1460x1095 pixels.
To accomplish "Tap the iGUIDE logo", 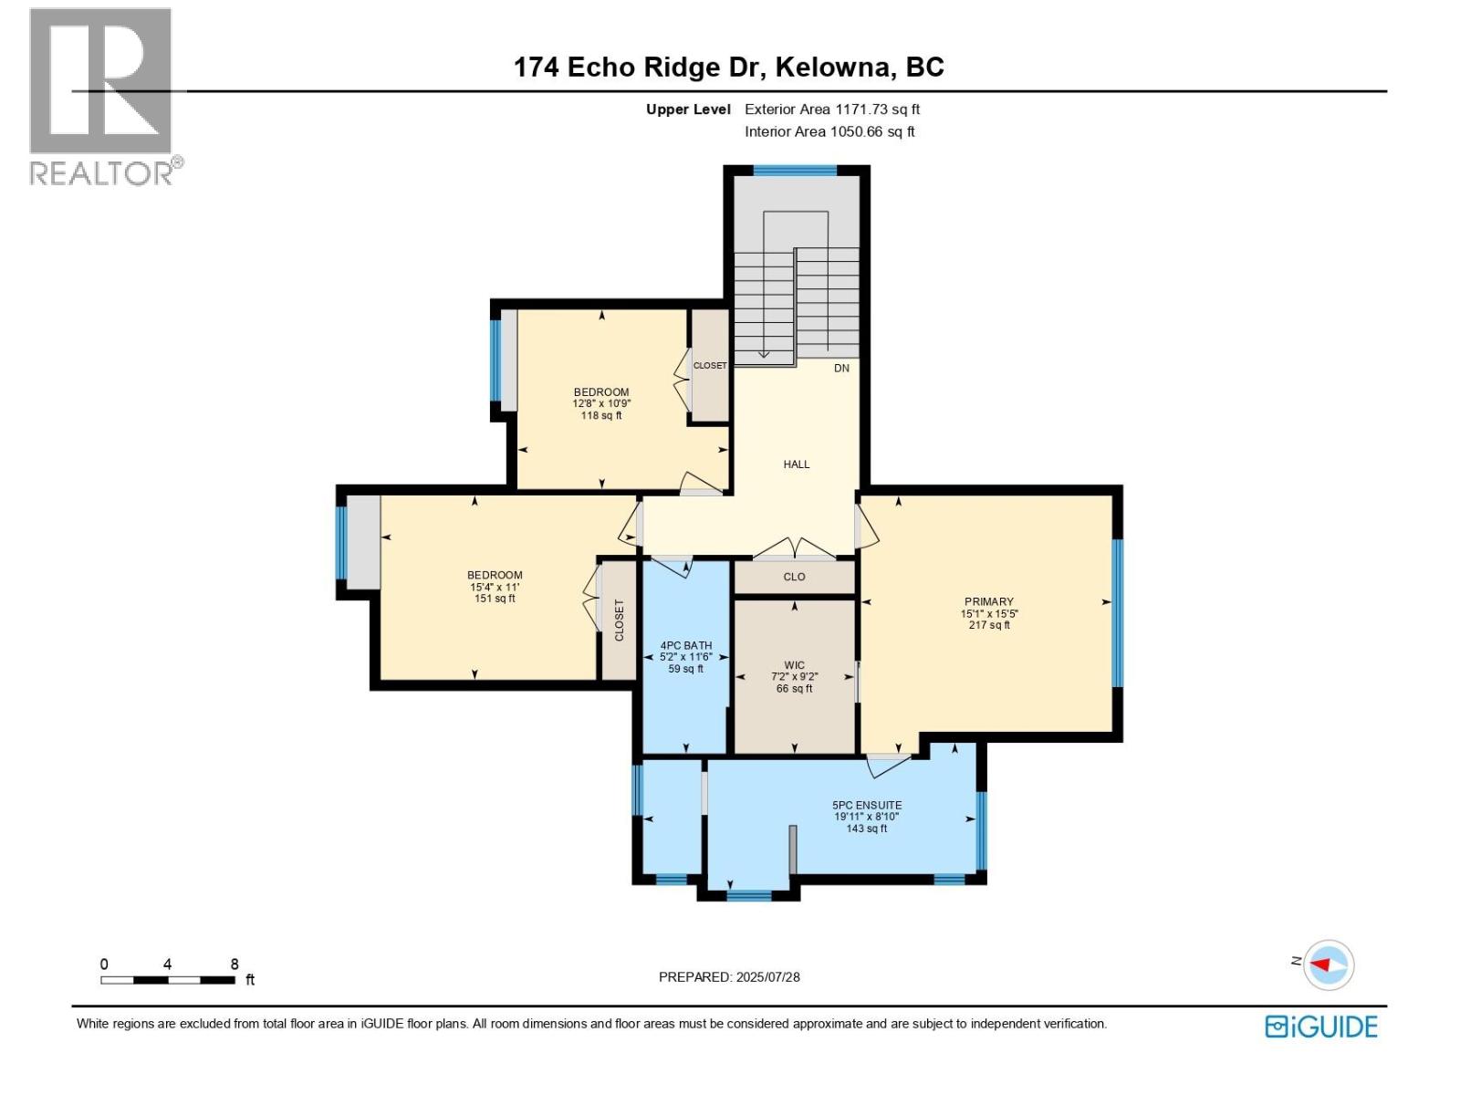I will point(1320,1027).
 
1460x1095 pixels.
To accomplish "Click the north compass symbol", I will point(1327,965).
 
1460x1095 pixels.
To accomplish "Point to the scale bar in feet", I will point(168,979).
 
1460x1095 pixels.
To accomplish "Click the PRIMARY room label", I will point(989,602).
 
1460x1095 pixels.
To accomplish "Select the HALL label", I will point(796,464).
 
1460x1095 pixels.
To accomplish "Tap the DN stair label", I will point(841,369).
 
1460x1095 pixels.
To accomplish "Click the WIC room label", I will point(794,665).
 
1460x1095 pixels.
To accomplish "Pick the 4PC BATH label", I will point(685,645).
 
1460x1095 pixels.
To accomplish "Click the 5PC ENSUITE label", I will point(867,805).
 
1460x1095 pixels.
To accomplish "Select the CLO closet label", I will point(794,577).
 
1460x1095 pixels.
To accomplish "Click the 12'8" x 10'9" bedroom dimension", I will point(601,403).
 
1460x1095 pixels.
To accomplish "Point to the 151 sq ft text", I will point(495,599).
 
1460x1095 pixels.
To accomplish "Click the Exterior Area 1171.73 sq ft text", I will point(831,109).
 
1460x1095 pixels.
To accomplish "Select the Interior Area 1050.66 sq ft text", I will point(829,131).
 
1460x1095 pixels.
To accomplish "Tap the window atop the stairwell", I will point(795,171).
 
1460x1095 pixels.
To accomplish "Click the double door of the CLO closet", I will point(794,550).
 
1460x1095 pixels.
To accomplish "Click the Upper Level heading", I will point(688,109).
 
